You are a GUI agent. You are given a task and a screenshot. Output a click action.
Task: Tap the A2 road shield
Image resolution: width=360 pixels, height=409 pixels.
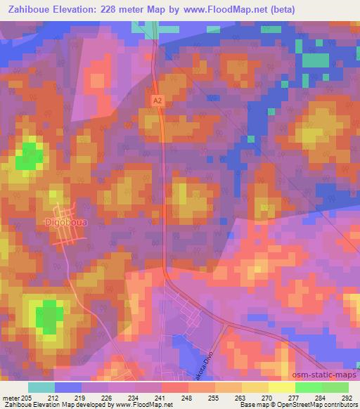[x=157, y=102]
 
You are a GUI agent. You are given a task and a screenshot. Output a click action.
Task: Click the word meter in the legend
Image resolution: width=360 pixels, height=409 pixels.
[x=11, y=398]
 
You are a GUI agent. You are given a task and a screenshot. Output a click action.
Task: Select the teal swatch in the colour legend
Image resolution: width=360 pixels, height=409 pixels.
[x=41, y=387]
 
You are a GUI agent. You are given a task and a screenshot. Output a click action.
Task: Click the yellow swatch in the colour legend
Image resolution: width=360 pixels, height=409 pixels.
[x=282, y=387]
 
